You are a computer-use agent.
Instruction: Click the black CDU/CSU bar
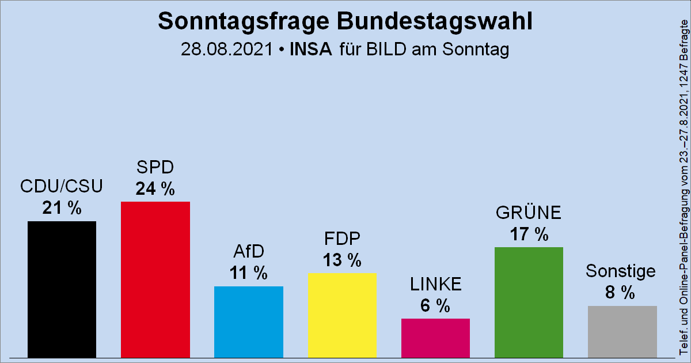point(62,289)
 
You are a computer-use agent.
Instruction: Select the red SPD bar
point(155,279)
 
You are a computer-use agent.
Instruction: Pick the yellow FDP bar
point(342,315)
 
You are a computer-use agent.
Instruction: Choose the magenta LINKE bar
point(435,338)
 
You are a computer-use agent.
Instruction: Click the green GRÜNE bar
point(529,302)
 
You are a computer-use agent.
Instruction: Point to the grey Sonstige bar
point(622,331)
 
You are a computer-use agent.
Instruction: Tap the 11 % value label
point(248,273)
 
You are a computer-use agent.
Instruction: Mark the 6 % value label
point(435,306)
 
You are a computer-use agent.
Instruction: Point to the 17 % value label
point(529,235)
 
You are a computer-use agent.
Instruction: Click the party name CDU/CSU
point(61,187)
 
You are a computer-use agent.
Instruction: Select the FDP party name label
point(342,239)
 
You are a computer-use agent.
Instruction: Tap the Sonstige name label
point(620,271)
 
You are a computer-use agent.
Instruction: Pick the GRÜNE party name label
point(529,213)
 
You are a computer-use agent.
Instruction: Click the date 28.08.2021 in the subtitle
point(226,50)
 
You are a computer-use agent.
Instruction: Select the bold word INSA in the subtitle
point(311,50)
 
